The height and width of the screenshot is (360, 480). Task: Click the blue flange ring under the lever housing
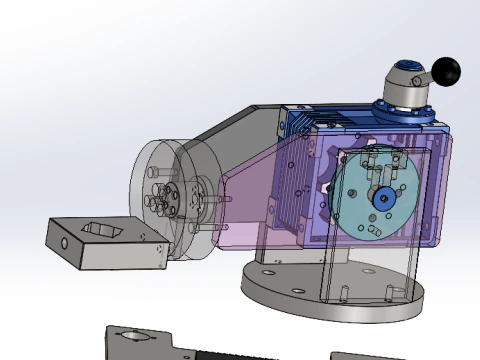[408, 109]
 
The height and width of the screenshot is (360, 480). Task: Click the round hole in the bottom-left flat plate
[129, 338]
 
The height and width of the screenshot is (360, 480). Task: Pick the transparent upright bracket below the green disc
[370, 270]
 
